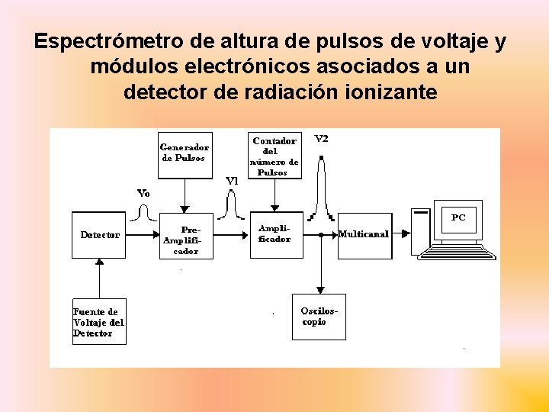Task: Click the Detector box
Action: point(100,235)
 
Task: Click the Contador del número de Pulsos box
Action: point(275,156)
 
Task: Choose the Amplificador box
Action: point(274,234)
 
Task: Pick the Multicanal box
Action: point(364,234)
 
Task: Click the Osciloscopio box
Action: point(319,316)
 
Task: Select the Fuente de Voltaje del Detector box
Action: point(98,322)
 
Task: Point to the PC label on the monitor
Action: point(458,217)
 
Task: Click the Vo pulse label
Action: point(143,193)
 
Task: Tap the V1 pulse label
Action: point(233,181)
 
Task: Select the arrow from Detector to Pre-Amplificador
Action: point(145,235)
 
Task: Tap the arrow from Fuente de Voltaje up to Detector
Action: point(98,278)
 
